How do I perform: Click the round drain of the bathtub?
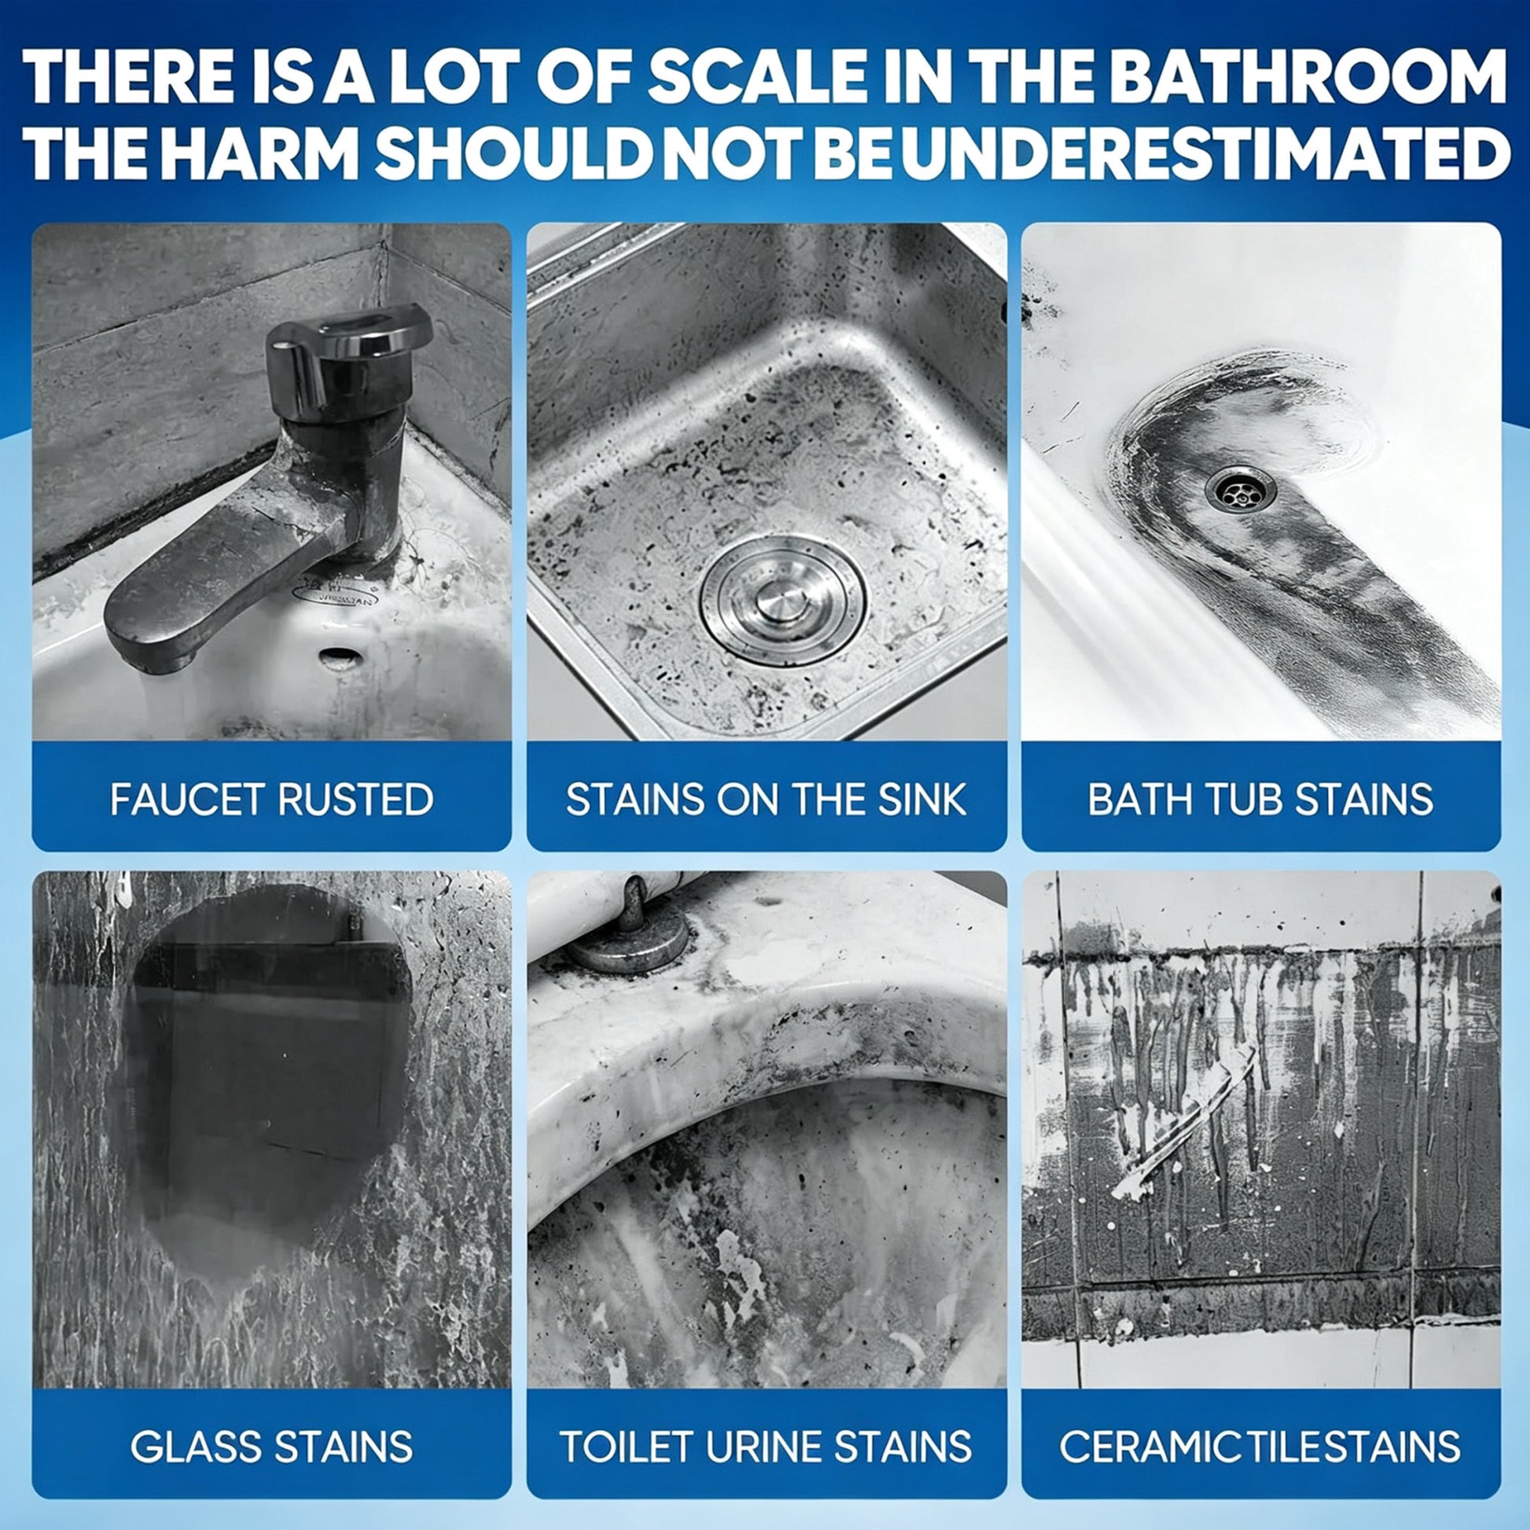click(1241, 489)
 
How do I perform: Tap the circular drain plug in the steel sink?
click(783, 599)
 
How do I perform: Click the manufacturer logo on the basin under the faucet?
click(335, 592)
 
